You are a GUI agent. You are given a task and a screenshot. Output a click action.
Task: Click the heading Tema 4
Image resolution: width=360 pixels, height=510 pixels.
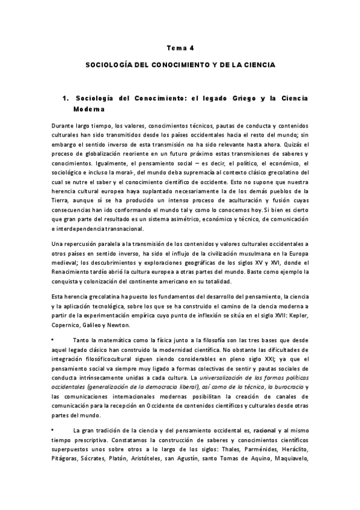180,46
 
